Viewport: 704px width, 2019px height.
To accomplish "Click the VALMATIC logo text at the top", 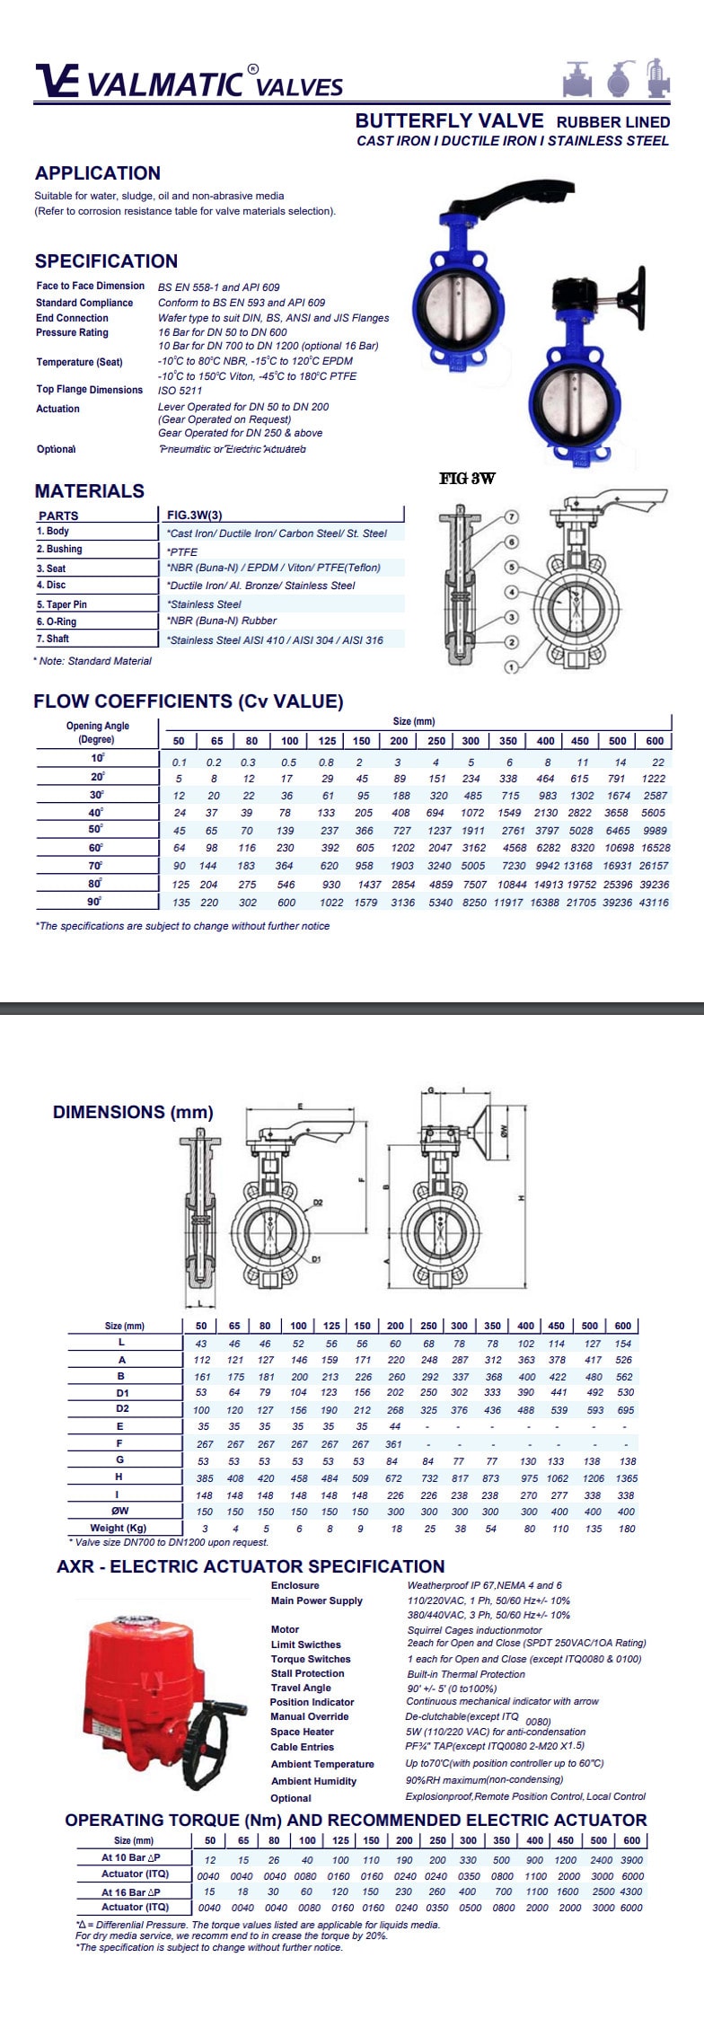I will (166, 84).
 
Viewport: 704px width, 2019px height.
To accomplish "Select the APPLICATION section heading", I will (97, 173).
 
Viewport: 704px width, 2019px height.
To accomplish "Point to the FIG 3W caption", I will (467, 479).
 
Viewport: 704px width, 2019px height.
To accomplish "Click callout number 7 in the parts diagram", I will (511, 517).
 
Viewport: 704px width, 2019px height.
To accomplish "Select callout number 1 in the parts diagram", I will (511, 666).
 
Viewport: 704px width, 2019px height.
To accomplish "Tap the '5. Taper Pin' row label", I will (62, 604).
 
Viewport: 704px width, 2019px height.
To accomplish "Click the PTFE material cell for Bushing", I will (182, 551).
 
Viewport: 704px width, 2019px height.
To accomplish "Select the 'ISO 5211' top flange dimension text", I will (180, 391).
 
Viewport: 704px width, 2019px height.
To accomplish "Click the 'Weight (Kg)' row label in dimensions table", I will (119, 1528).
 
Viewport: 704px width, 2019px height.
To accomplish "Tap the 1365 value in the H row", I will (627, 1477).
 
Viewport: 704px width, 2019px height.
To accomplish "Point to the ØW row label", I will (121, 1511).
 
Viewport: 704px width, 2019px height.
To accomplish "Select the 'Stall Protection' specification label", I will (307, 1673).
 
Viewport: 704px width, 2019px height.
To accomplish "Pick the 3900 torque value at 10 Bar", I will (632, 1860).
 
